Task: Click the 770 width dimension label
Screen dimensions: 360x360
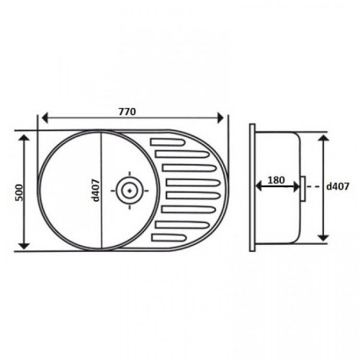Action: click(127, 112)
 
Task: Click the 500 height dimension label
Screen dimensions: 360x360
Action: click(19, 192)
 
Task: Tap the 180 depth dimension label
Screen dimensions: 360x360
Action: click(276, 180)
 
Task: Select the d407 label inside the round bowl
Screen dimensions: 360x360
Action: click(96, 190)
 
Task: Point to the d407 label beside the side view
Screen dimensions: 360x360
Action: click(338, 186)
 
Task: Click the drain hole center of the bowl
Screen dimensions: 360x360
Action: click(130, 191)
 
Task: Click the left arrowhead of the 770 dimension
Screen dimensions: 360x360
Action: click(45, 118)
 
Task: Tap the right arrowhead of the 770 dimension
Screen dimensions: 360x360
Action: click(220, 118)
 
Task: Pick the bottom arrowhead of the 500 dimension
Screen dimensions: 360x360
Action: click(24, 246)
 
